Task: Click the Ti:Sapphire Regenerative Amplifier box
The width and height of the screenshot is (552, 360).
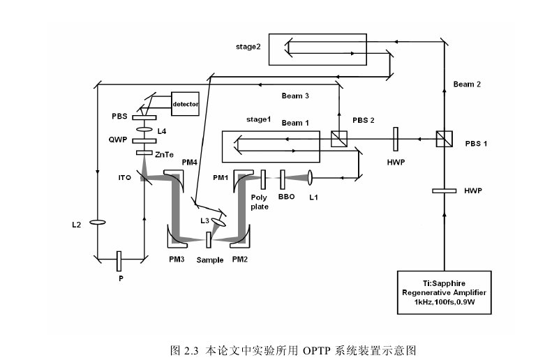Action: (445, 293)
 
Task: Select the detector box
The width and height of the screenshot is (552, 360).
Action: (185, 105)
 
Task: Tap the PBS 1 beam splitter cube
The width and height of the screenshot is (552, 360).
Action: (445, 139)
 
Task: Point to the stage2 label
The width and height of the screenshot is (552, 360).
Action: (248, 47)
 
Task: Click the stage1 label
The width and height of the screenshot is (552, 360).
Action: (258, 119)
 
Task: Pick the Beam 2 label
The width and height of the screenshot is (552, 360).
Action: (467, 84)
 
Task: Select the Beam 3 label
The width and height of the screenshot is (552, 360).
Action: (295, 96)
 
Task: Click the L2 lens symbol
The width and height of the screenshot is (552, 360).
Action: (97, 223)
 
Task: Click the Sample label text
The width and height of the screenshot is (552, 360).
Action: (209, 260)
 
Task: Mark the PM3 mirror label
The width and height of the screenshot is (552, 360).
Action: (177, 260)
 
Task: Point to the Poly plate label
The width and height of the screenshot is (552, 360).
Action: (260, 202)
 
